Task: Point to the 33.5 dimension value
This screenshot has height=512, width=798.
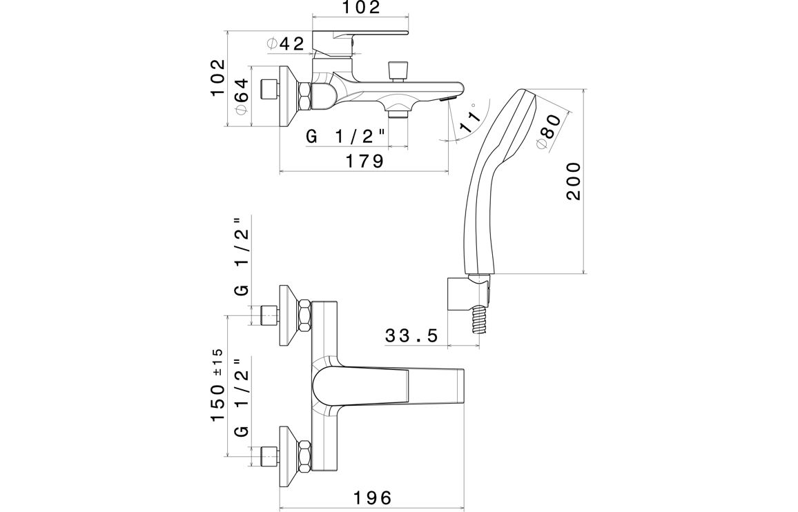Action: (x=411, y=336)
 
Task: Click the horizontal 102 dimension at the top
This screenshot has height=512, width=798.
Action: (x=360, y=8)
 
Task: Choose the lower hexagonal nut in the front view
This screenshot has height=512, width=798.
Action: (x=304, y=456)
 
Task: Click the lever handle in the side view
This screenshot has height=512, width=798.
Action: (x=359, y=35)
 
